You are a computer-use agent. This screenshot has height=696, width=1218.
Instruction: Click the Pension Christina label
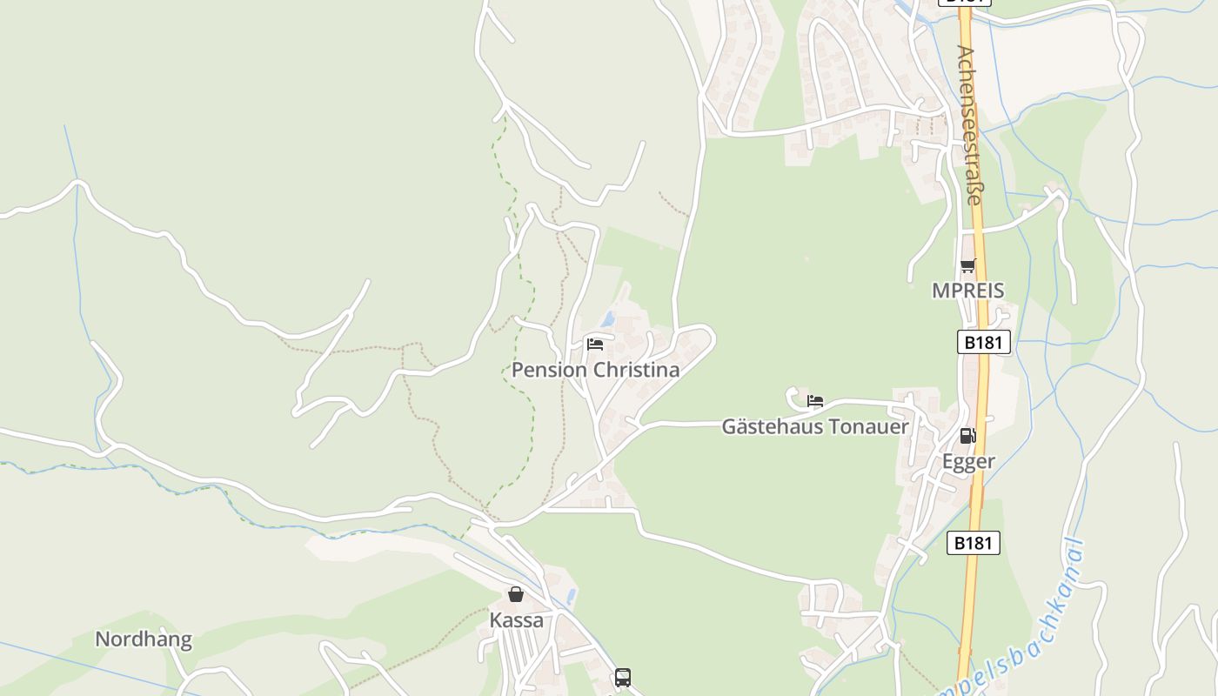coord(595,370)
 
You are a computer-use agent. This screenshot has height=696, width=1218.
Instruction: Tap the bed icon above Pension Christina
coord(595,344)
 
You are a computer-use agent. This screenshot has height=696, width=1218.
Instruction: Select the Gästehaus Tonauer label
coord(815,426)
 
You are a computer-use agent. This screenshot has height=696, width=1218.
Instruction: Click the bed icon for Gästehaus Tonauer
coord(815,401)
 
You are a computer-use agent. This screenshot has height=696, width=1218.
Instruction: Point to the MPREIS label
coord(968,291)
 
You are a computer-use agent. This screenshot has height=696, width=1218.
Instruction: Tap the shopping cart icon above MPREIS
coord(968,266)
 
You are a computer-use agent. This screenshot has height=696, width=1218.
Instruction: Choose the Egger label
coord(968,461)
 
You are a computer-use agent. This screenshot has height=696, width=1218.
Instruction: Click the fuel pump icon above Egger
coord(968,436)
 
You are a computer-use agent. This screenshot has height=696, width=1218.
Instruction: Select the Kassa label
coord(516,620)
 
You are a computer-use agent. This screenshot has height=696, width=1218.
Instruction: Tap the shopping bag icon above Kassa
coord(516,594)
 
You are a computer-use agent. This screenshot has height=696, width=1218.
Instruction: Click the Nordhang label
coord(144,639)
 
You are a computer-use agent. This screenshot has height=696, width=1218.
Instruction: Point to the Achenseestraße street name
coord(969,125)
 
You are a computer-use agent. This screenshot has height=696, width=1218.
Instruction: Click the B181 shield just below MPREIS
coord(984,342)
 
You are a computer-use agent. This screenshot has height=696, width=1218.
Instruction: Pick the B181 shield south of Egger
coord(973,543)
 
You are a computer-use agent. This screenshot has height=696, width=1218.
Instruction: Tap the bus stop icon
coord(622,677)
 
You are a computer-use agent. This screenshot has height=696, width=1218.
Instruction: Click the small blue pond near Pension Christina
coord(608,319)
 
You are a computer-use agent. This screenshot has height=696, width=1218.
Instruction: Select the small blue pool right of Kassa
coord(571,596)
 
